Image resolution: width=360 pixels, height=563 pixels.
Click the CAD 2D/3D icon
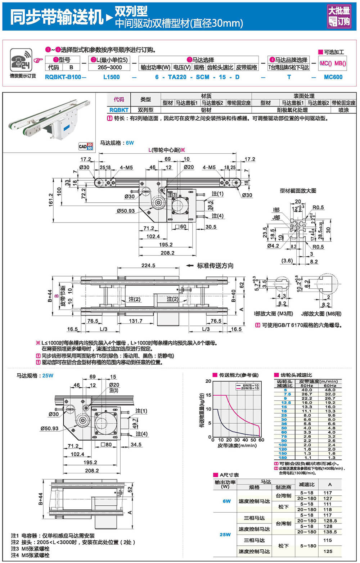click(x=86, y=146)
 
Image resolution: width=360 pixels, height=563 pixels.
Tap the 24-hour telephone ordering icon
click(x=21, y=60)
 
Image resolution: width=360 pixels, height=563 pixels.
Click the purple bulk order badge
click(x=338, y=16)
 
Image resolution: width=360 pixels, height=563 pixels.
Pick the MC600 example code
click(x=333, y=77)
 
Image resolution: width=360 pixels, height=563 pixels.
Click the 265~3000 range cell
click(x=109, y=67)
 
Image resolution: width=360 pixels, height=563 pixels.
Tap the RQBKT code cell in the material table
click(x=118, y=110)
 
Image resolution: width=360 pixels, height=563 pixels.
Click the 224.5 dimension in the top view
click(x=148, y=265)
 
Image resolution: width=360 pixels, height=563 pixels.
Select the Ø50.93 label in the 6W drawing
click(x=125, y=211)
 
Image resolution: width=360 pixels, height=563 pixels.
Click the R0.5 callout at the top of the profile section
click(x=318, y=207)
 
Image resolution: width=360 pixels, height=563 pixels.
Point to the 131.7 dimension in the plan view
click(x=136, y=321)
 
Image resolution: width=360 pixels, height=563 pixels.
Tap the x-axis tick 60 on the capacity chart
click(x=261, y=440)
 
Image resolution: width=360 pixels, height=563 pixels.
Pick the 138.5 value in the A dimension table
click(x=330, y=532)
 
